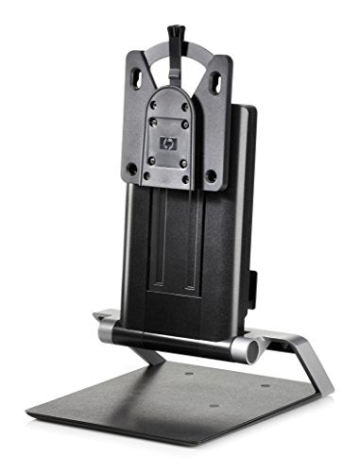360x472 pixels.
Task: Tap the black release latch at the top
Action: pos(176,38)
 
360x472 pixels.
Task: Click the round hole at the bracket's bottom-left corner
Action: pos(130,170)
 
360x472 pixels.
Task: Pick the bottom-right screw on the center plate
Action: pos(188,180)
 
